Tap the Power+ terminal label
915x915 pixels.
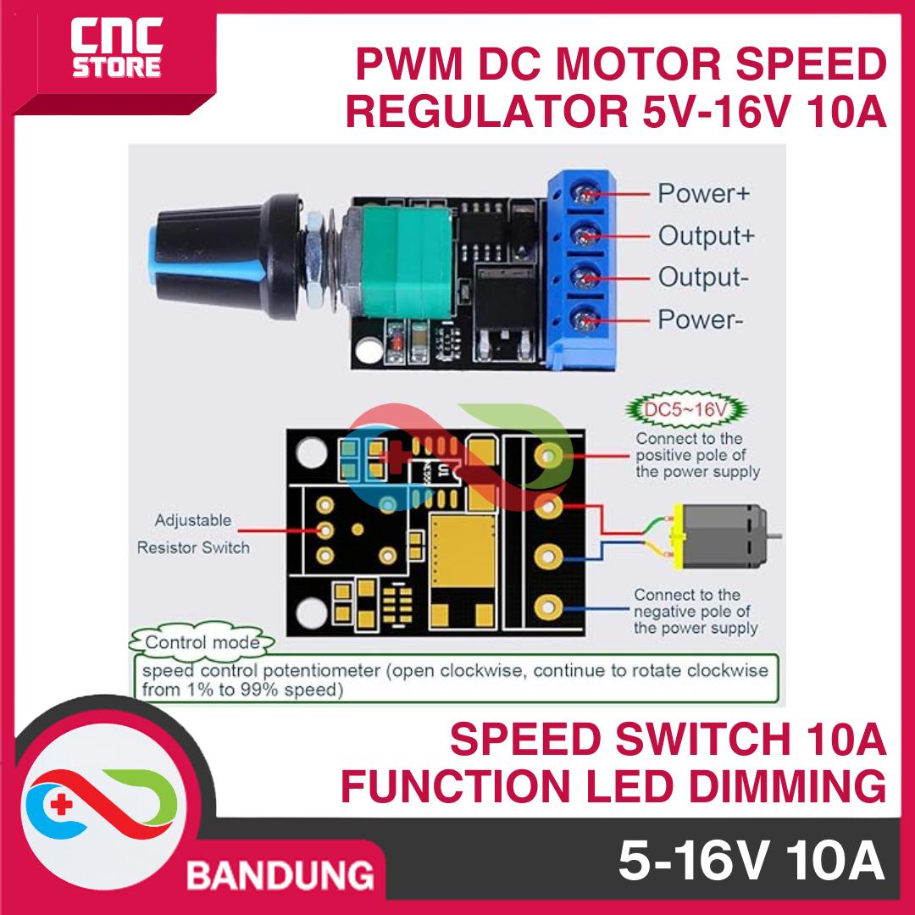click(703, 193)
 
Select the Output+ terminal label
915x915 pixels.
click(706, 236)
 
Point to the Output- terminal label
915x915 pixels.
click(702, 278)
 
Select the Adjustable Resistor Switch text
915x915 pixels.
click(193, 534)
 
